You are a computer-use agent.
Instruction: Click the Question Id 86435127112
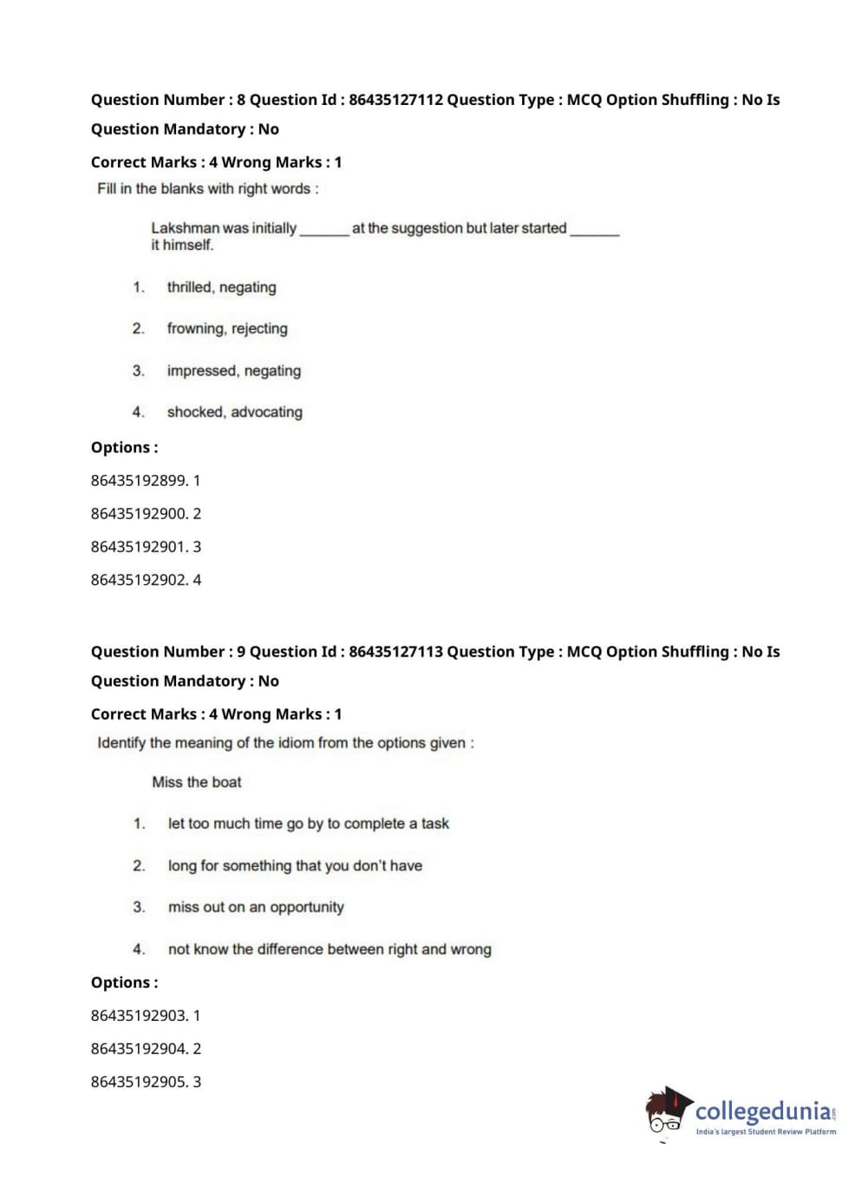coord(395,100)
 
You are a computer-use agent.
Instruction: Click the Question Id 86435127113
coord(395,652)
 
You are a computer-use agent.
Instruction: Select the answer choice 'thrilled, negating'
coord(221,287)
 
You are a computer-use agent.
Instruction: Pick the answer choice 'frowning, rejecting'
coord(227,329)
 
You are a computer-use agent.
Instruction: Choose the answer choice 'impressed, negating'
coord(234,371)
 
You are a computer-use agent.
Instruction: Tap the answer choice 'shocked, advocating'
coord(234,412)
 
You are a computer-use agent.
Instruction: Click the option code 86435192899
coord(139,481)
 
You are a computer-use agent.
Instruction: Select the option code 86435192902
coord(139,580)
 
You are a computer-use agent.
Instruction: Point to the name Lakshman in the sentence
coord(185,228)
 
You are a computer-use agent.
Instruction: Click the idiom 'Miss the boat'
coord(197,782)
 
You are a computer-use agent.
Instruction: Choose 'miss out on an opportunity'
coord(256,907)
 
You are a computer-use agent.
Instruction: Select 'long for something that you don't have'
coord(295,865)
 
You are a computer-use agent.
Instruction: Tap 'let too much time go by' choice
coord(308,824)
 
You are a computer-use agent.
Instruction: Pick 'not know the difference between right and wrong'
coord(330,950)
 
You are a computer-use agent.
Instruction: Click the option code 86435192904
coord(139,1049)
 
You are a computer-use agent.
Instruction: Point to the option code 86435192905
coord(139,1082)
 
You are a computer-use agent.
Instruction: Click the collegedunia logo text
coord(763,1111)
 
